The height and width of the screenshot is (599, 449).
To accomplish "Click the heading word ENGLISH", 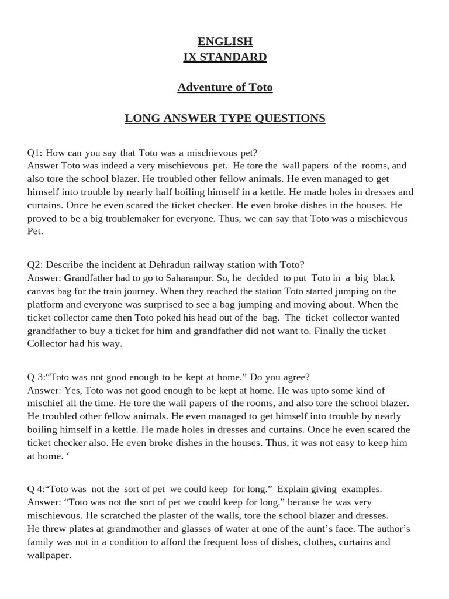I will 224,42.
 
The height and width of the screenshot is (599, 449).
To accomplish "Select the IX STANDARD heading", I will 224,57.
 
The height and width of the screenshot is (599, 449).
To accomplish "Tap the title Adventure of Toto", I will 224,88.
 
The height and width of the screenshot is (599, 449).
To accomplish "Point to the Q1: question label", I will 35,153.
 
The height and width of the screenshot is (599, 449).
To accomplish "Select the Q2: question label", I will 35,264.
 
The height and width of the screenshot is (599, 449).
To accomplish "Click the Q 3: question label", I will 36,377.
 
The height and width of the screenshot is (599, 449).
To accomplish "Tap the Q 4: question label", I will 36,488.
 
